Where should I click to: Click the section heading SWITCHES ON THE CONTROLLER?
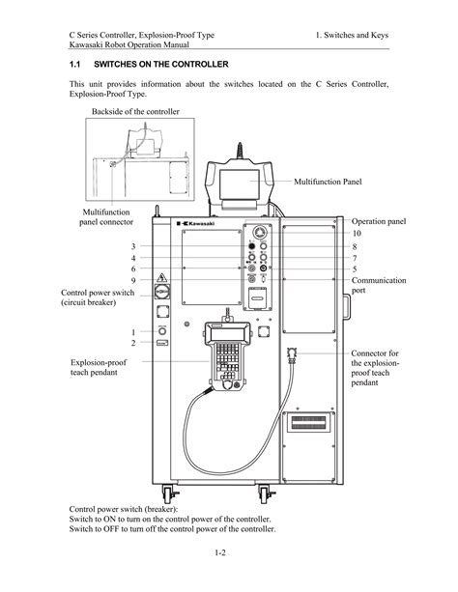tap(161, 64)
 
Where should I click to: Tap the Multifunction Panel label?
tap(328, 182)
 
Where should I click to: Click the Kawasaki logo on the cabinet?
tap(196, 223)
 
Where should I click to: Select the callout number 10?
tap(357, 233)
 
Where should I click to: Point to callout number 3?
tap(133, 246)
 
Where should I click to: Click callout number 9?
tap(133, 280)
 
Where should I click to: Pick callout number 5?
tap(355, 269)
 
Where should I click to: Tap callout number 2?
tap(133, 343)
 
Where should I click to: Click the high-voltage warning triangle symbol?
tap(162, 278)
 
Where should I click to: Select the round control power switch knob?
tap(162, 292)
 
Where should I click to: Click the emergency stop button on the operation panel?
tap(259, 232)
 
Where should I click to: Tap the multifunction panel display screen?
tap(240, 184)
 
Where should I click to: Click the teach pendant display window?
tap(227, 334)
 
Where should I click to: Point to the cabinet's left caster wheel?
tap(167, 493)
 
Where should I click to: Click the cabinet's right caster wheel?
tap(265, 494)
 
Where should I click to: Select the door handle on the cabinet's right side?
tap(347, 307)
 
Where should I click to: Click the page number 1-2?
tap(220, 552)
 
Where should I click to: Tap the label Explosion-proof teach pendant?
tap(99, 367)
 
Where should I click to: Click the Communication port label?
tap(379, 285)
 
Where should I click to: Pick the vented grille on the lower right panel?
tap(309, 422)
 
